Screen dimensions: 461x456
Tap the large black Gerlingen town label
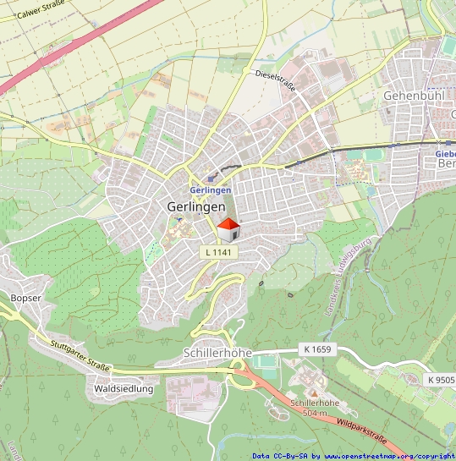[196, 206]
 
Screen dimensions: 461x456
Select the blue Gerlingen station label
[211, 190]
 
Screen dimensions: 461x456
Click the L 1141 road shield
[217, 252]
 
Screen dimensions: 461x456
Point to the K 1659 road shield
[315, 348]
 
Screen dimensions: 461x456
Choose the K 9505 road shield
[441, 380]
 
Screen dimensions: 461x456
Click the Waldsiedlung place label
[124, 389]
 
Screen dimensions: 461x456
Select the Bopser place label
[25, 299]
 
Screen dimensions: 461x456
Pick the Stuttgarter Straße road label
[80, 357]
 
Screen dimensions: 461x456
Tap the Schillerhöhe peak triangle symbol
[314, 392]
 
